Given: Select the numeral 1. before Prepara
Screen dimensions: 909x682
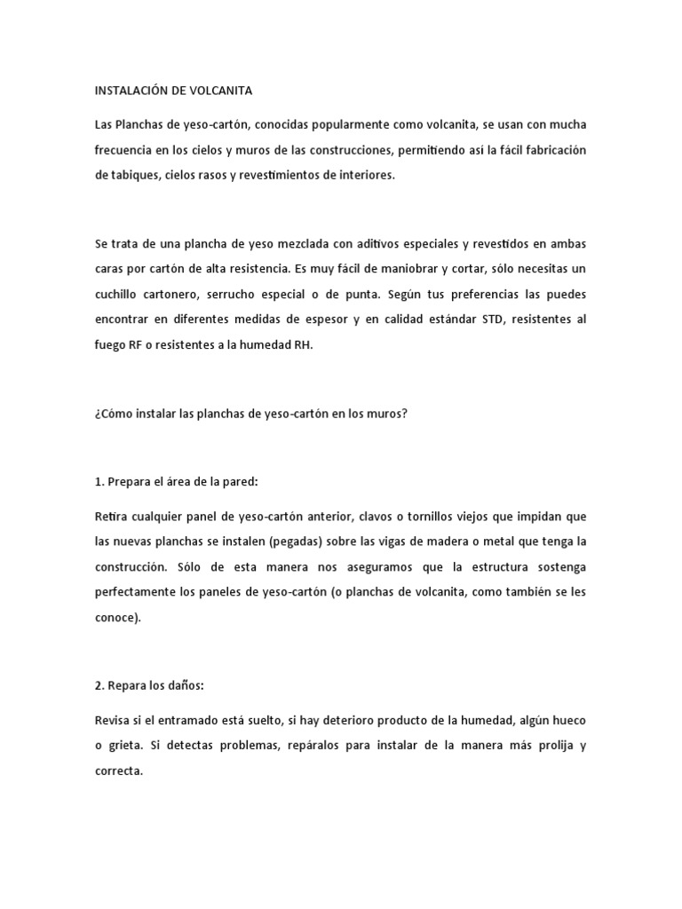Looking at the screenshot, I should click(x=99, y=481).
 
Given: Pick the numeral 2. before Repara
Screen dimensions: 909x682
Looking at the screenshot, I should click(x=99, y=685).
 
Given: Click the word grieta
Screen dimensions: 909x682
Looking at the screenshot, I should click(x=126, y=746).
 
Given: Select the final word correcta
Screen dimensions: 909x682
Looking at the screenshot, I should click(x=118, y=771).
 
